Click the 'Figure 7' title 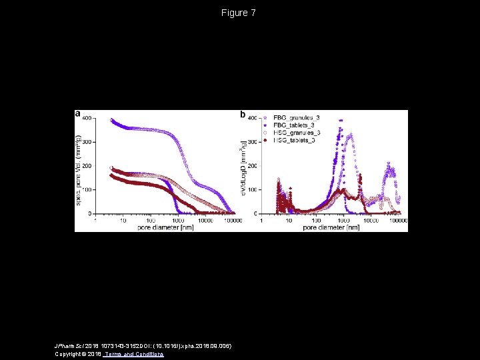pos(239,13)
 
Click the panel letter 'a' pos(78,114)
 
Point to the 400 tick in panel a pos(88,118)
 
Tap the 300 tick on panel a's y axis pos(88,142)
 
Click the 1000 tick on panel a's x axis pos(178,219)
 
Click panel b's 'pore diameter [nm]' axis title pos(331,227)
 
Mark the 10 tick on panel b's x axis pos(289,219)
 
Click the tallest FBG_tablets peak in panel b pos(341,121)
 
